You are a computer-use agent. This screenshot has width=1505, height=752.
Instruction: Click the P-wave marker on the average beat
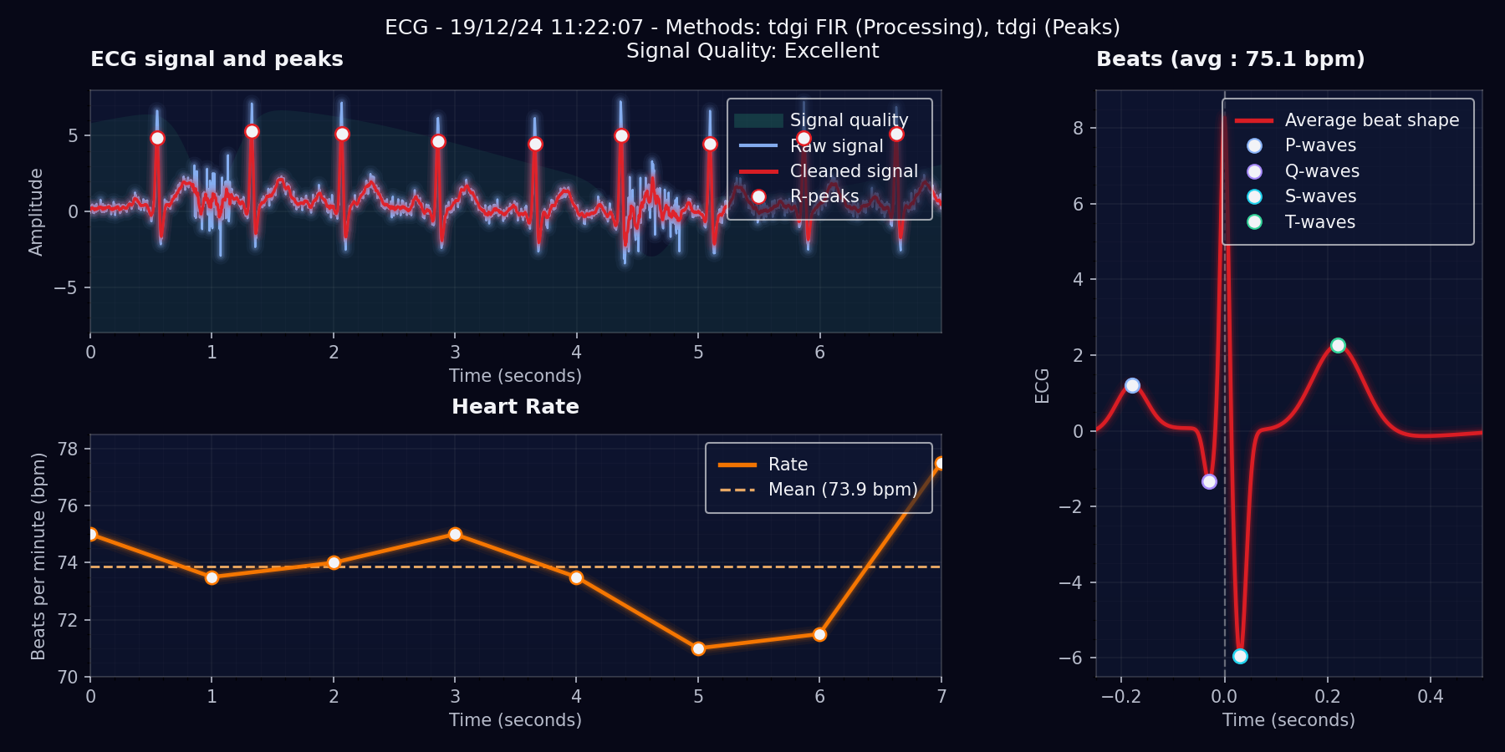[1132, 385]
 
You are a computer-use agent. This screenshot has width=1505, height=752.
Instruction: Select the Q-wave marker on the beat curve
[1209, 481]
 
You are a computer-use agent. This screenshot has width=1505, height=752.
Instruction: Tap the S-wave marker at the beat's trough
[1240, 656]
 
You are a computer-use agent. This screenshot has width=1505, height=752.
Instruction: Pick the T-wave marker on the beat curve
[1338, 345]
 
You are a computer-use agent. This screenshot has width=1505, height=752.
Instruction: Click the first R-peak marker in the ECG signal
[157, 138]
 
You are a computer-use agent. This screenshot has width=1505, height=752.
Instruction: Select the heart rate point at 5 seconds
[698, 648]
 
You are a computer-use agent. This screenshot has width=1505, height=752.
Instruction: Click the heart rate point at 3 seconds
[455, 534]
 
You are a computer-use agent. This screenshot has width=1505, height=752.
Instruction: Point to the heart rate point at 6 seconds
[819, 634]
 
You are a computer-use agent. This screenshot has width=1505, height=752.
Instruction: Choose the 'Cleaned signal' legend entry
[854, 171]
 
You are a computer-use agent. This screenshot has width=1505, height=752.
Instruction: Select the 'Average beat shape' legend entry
[1371, 120]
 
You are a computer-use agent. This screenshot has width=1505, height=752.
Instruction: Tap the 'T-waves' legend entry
[1319, 222]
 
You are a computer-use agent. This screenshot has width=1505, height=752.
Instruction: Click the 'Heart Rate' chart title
[515, 407]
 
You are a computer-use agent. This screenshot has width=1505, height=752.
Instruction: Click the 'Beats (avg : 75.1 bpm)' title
[1230, 59]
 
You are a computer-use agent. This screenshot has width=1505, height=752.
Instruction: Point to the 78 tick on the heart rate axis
[68, 450]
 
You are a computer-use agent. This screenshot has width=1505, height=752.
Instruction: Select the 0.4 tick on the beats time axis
[1430, 697]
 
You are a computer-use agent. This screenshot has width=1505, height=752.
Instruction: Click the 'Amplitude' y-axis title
[36, 211]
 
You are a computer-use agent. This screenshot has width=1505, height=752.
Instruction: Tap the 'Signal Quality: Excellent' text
[752, 51]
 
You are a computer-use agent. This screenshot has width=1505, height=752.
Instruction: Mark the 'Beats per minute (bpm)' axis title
[38, 556]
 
